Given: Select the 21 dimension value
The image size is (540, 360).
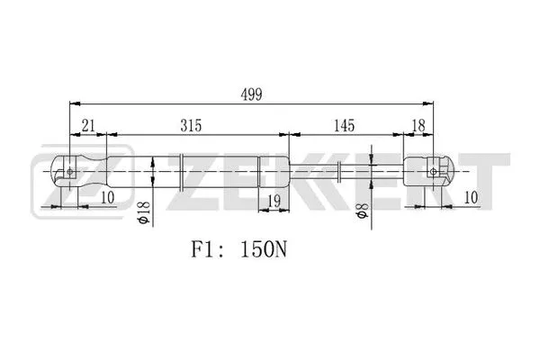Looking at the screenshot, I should (x=87, y=125).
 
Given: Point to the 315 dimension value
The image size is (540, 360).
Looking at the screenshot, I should (x=190, y=125).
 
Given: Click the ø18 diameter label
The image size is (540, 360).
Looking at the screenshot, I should (x=141, y=213).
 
